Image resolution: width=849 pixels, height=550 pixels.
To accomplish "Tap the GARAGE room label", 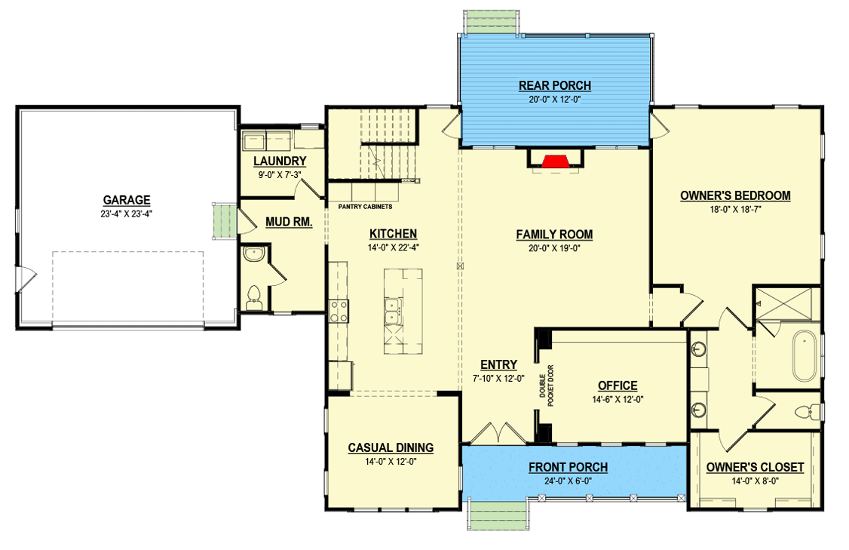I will [127, 200].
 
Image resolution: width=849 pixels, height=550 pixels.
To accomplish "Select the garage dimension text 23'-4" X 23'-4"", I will [127, 213].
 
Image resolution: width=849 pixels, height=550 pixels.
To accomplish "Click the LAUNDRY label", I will [280, 161].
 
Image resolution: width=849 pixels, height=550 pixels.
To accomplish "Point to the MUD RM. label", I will [289, 222].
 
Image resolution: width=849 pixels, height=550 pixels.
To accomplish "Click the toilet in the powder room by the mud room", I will [254, 297].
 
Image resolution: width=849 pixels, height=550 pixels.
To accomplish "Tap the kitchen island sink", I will [392, 310].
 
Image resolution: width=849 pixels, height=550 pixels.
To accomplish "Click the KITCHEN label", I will [393, 234].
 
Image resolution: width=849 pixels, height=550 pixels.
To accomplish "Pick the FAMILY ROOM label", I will [554, 235].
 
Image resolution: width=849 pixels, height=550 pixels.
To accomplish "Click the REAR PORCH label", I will [554, 85].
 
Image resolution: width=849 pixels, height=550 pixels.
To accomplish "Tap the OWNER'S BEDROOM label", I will [735, 195].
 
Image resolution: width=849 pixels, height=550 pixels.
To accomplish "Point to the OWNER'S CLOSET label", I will [755, 467].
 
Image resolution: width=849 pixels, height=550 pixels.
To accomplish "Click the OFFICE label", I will [618, 386].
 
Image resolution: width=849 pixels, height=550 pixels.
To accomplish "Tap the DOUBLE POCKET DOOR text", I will [545, 387].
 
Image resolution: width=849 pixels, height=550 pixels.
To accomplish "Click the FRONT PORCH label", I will [568, 467].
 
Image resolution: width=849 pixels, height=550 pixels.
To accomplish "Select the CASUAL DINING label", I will [391, 447].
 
